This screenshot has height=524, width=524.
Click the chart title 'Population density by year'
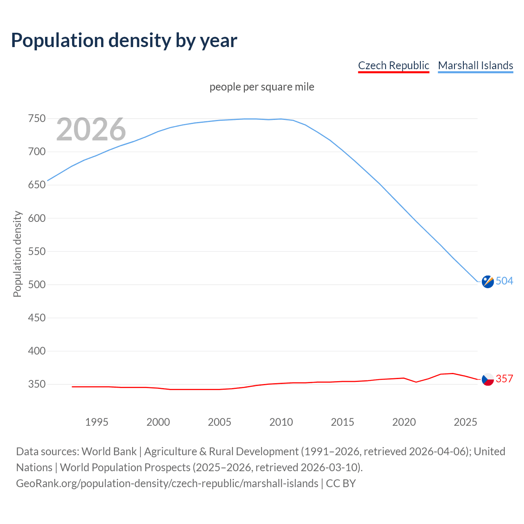pyautogui.click(x=124, y=40)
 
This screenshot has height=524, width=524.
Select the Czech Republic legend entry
pyautogui.click(x=393, y=65)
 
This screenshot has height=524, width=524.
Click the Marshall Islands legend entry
pyautogui.click(x=475, y=65)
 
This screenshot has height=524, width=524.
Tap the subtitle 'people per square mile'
pyautogui.click(x=262, y=87)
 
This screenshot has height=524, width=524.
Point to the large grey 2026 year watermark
pyautogui.click(x=91, y=129)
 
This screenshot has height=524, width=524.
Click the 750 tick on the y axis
pyautogui.click(x=37, y=119)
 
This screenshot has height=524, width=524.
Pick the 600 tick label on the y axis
pyautogui.click(x=37, y=218)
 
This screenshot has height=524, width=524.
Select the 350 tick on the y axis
pyautogui.click(x=37, y=384)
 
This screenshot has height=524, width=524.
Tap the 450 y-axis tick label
pyautogui.click(x=37, y=318)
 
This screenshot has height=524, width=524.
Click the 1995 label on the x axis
pyautogui.click(x=97, y=422)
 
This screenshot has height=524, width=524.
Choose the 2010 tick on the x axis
pyautogui.click(x=281, y=422)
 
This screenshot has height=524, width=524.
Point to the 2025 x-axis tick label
pyautogui.click(x=465, y=422)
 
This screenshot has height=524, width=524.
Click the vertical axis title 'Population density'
pyautogui.click(x=17, y=254)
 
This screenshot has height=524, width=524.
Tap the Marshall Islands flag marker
pyautogui.click(x=488, y=282)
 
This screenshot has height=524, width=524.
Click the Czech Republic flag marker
pyautogui.click(x=488, y=379)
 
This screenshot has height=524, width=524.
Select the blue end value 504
pyautogui.click(x=504, y=281)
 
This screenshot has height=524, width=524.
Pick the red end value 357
pyautogui.click(x=504, y=379)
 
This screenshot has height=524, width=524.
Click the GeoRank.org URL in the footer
pyautogui.click(x=167, y=483)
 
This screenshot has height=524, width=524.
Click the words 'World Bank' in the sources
pyautogui.click(x=109, y=452)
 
